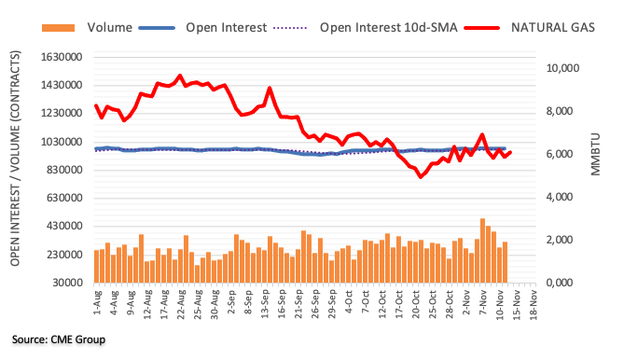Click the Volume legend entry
tap(109, 27)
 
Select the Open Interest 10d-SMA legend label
tap(388, 27)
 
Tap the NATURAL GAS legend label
tap(553, 27)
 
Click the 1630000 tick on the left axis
tap(62, 57)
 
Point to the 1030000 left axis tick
tap(62, 142)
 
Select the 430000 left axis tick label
tap(65, 226)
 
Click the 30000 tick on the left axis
tap(68, 283)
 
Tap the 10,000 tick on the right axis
tap(562, 68)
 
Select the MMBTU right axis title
tap(595, 154)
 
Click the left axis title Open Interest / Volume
tap(15, 158)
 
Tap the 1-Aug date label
tap(98, 303)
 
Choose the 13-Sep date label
tap(265, 304)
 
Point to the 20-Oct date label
tap(416, 304)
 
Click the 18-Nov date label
tap(534, 304)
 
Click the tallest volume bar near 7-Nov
tap(482, 251)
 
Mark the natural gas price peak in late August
tap(180, 76)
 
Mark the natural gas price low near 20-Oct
tap(421, 176)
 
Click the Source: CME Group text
tap(59, 339)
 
